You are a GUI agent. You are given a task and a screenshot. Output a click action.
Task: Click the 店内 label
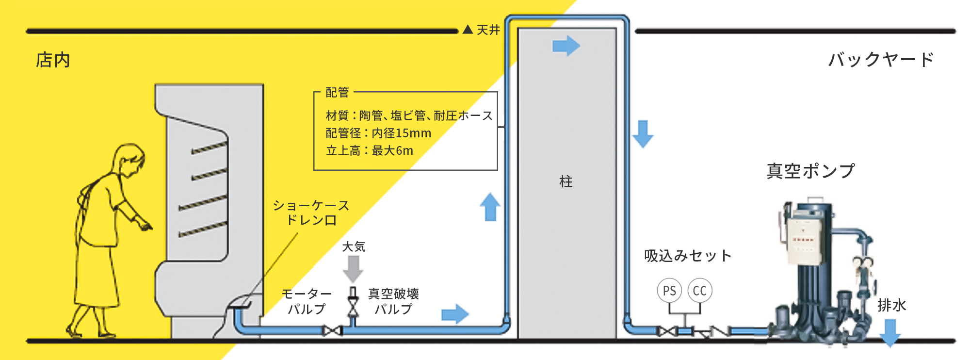click(x=53, y=60)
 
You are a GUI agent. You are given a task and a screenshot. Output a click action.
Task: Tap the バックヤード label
click(x=880, y=60)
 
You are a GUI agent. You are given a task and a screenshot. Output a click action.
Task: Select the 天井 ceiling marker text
click(x=488, y=30)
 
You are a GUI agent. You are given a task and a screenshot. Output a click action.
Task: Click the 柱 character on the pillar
click(x=566, y=181)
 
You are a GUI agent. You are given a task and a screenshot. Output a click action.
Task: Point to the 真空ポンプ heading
click(x=810, y=171)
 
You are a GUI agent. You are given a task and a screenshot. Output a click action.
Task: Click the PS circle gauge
click(x=669, y=291)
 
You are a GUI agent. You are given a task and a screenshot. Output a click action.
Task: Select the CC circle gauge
click(x=700, y=291)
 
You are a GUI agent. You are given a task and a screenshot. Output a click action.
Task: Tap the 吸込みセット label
click(x=688, y=256)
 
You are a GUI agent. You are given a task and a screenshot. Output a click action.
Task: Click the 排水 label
click(x=891, y=305)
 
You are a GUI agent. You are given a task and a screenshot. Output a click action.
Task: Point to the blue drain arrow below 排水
click(x=890, y=332)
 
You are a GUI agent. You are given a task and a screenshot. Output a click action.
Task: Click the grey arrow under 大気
click(x=353, y=268)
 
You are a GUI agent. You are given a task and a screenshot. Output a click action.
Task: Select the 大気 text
click(x=354, y=246)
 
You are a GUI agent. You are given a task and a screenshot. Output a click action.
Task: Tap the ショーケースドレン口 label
click(x=311, y=213)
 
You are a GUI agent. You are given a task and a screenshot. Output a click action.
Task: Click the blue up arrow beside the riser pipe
click(x=490, y=207)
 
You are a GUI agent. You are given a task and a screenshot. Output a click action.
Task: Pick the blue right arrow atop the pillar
click(x=566, y=46)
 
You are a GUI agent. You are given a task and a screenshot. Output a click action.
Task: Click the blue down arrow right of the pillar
click(x=643, y=133)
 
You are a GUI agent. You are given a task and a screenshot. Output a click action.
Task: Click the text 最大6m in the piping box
click(x=392, y=151)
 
